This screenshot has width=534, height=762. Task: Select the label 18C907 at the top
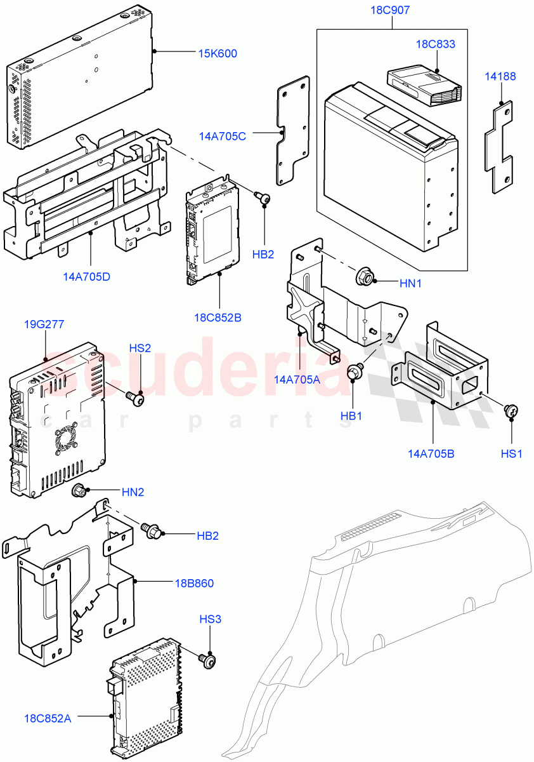click(x=391, y=11)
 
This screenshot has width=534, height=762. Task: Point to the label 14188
click(x=501, y=76)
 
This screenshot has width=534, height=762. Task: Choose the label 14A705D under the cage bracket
click(x=86, y=277)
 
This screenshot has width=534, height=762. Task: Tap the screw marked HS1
click(x=511, y=411)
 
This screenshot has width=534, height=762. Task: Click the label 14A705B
click(x=431, y=453)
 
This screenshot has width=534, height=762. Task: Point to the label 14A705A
click(x=297, y=379)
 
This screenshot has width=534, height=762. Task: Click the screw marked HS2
click(x=136, y=399)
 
